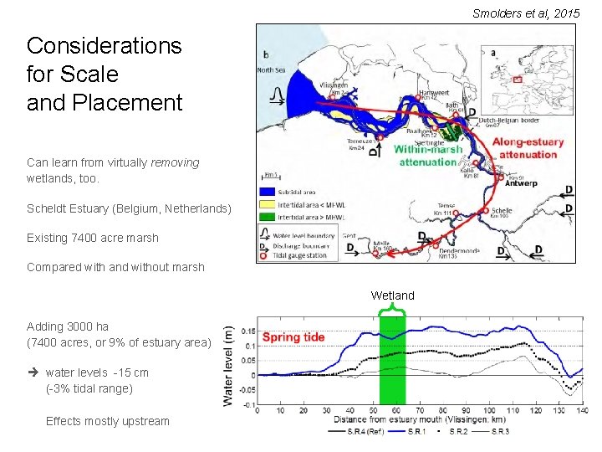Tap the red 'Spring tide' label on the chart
pos(293,337)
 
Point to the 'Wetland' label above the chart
pos(392,295)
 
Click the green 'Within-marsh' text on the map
pos(428,149)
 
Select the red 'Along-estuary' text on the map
pos(528,143)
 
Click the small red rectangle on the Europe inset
pos(518,80)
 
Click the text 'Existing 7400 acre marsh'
pos(92,238)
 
